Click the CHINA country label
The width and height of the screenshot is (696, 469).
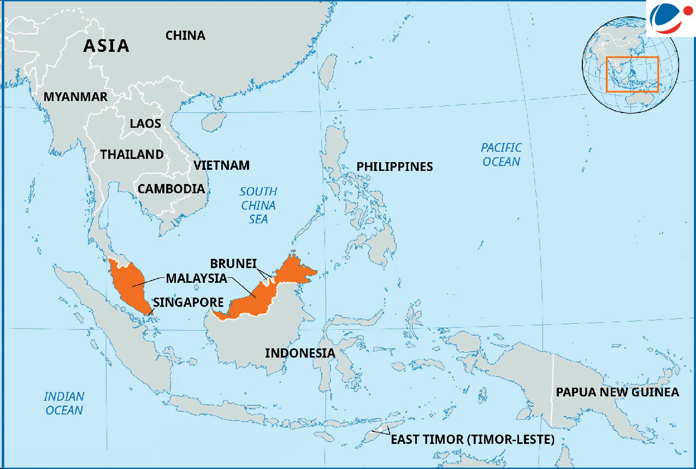pyautogui.click(x=185, y=36)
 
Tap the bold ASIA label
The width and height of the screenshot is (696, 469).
pyautogui.click(x=106, y=46)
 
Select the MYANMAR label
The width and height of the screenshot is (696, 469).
pyautogui.click(x=75, y=97)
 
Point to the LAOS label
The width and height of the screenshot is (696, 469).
pyautogui.click(x=145, y=123)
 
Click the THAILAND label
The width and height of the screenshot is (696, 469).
pyautogui.click(x=132, y=155)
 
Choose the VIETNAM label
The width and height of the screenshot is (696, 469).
pyautogui.click(x=221, y=165)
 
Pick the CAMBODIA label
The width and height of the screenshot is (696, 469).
pyautogui.click(x=171, y=189)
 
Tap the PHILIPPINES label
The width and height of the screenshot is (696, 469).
pyautogui.click(x=394, y=167)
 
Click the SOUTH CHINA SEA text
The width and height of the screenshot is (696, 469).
pyautogui.click(x=258, y=205)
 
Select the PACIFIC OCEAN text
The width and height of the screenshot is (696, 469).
pyautogui.click(x=501, y=155)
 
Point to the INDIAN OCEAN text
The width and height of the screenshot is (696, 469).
pyautogui.click(x=64, y=403)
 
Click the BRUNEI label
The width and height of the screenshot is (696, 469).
pyautogui.click(x=233, y=264)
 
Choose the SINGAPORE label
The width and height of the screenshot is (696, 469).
pyautogui.click(x=188, y=302)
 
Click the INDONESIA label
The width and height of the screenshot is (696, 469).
pyautogui.click(x=300, y=353)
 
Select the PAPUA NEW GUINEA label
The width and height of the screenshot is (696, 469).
pyautogui.click(x=617, y=392)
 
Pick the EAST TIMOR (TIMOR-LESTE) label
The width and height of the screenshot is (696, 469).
pyautogui.click(x=473, y=440)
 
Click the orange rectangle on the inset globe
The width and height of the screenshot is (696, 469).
pyautogui.click(x=632, y=74)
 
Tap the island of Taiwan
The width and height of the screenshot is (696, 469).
pyautogui.click(x=327, y=71)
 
